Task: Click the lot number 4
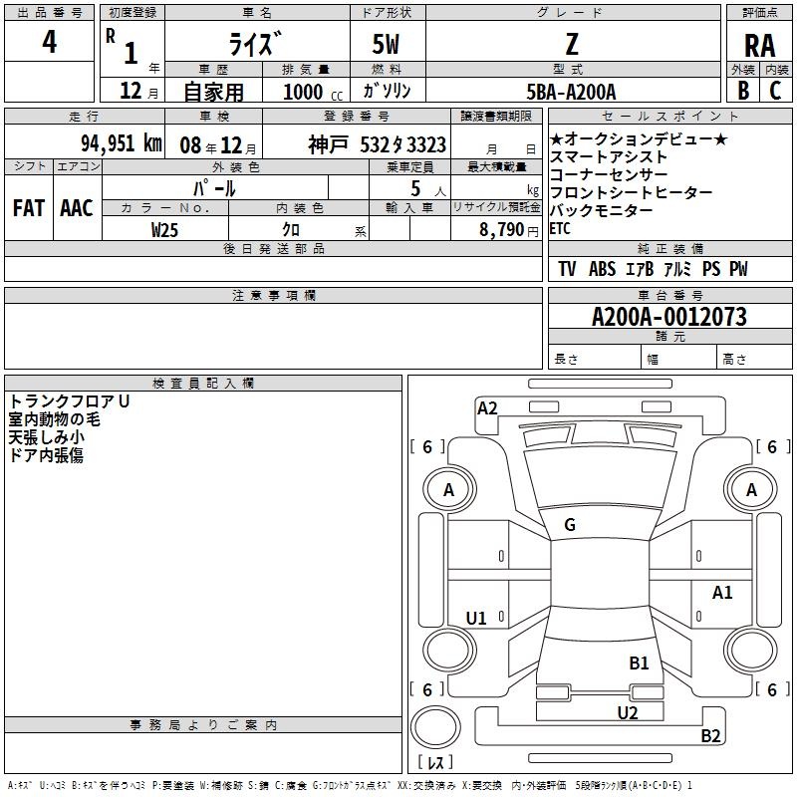[49, 41]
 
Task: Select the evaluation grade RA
[759, 46]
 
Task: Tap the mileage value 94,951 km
[122, 143]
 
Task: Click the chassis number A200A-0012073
[669, 317]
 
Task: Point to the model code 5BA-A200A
[571, 92]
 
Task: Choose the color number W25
[164, 230]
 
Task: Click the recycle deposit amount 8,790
[501, 229]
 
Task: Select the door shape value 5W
[386, 44]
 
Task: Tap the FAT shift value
[29, 208]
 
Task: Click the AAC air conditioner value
[77, 208]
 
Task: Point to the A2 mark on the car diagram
[487, 408]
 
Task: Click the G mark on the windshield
[570, 525]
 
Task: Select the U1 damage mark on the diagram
[476, 618]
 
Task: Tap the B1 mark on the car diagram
[639, 663]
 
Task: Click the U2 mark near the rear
[628, 712]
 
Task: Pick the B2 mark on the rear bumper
[710, 735]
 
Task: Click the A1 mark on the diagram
[721, 592]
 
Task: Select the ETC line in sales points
[560, 229]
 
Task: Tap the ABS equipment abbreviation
[602, 269]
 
